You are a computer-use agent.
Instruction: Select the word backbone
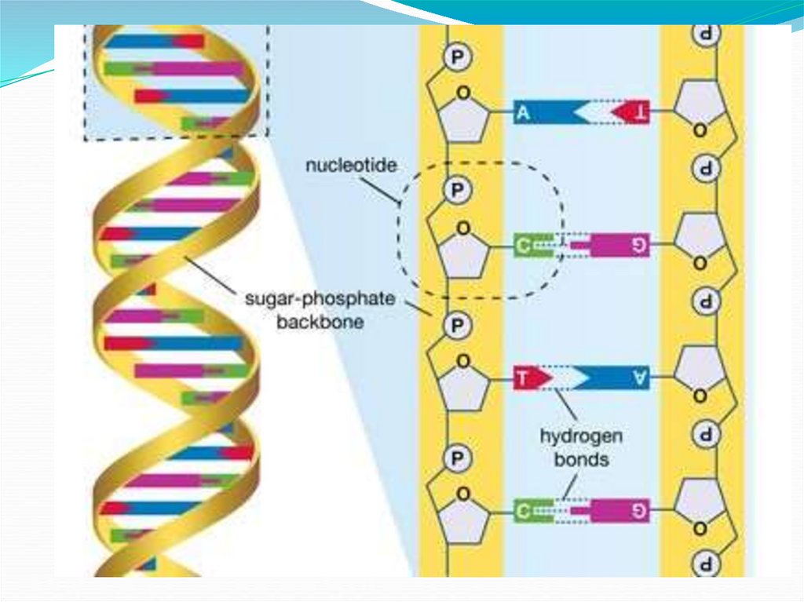click(x=320, y=322)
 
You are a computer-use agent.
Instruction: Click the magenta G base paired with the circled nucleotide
click(x=620, y=246)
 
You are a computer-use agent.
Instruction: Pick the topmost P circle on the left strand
click(x=455, y=57)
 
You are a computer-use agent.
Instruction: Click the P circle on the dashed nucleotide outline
click(x=455, y=189)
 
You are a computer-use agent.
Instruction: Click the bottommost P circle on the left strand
click(x=455, y=457)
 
